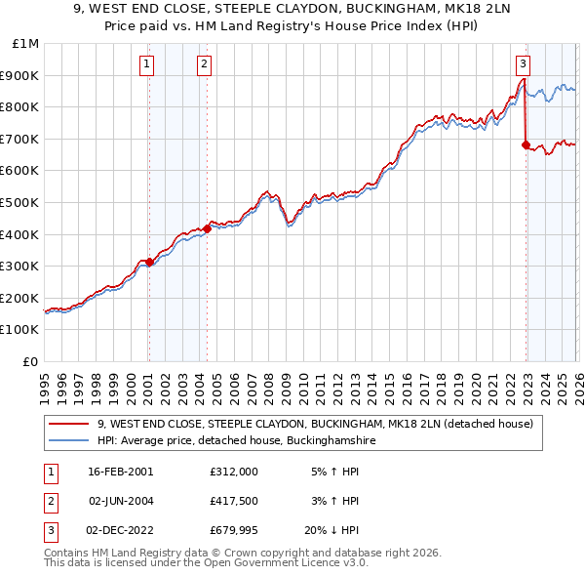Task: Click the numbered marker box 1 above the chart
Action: click(146, 64)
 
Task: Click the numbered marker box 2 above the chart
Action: click(205, 64)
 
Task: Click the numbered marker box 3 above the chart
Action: click(524, 64)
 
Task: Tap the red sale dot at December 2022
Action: click(526, 144)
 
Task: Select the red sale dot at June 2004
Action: click(208, 228)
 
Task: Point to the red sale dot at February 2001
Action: click(149, 262)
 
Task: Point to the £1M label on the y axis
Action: click(25, 43)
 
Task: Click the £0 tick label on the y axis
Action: click(31, 361)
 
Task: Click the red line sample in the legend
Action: click(69, 425)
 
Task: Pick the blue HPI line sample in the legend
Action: click(69, 441)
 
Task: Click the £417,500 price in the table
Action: click(233, 502)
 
